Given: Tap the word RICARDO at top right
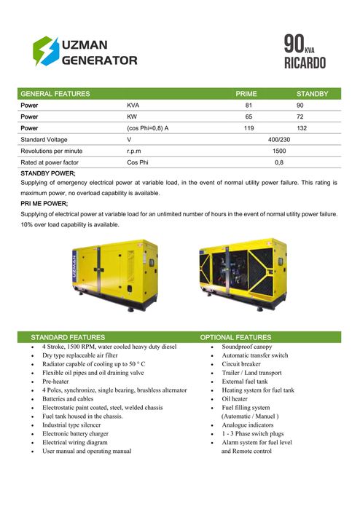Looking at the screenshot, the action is coord(305,62).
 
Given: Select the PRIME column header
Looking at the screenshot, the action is coord(246,94).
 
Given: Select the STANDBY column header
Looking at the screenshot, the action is coord(313,94).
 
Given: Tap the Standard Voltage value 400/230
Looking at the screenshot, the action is coord(278,139).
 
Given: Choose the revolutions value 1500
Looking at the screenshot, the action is coord(278,151).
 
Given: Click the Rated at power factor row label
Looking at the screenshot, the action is coord(50,162).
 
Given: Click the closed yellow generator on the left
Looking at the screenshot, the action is coord(113,275).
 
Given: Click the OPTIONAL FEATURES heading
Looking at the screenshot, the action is coord(235,337).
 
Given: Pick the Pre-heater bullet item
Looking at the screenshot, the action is coord(55,381).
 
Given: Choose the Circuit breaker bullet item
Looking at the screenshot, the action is coord(240,363).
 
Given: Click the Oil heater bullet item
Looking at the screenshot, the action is coord(235,398).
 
